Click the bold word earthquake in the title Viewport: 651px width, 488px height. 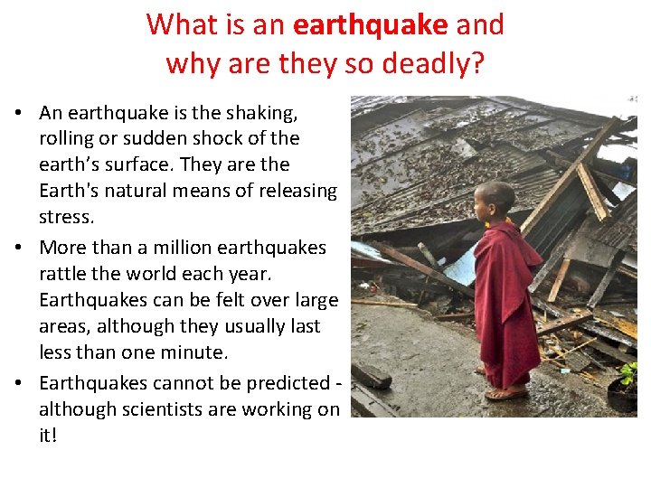click(x=370, y=24)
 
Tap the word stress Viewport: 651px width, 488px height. click(x=66, y=217)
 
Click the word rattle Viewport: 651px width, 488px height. click(x=64, y=274)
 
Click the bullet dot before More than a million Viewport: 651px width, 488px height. click(x=18, y=248)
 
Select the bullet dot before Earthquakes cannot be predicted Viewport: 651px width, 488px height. click(x=18, y=382)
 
